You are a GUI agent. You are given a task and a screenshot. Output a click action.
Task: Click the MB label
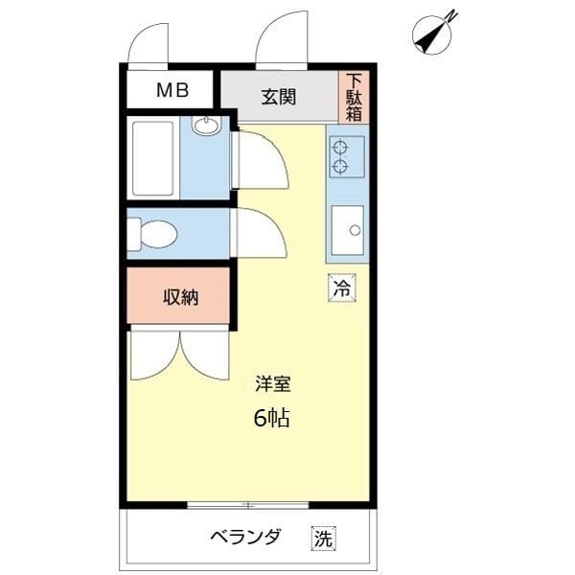pos(172,90)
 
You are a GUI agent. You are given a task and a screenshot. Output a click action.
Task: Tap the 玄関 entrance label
pos(279,97)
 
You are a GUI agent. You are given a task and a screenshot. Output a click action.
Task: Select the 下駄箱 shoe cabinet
pos(354,98)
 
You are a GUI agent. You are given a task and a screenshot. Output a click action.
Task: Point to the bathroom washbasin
pos(207,126)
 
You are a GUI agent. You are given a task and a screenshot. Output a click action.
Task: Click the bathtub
pos(153,158)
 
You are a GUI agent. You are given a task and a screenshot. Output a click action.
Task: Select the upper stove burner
pos(339,148)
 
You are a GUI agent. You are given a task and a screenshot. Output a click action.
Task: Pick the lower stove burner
pos(339,167)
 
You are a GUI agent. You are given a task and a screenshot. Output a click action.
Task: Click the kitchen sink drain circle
pos(355,230)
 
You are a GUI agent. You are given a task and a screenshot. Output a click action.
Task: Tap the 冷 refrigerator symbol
pos(342,287)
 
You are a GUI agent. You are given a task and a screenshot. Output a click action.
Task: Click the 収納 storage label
pos(181,297)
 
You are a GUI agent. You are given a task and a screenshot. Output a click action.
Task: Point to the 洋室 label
pos(273,384)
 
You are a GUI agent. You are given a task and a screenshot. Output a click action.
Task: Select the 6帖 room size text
pos(272,418)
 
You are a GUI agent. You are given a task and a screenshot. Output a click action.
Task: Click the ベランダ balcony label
pos(245,537)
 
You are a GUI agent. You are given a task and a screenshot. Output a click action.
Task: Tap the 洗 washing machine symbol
pos(324,539)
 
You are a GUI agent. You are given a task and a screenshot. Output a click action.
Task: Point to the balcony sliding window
pos(248,505)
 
